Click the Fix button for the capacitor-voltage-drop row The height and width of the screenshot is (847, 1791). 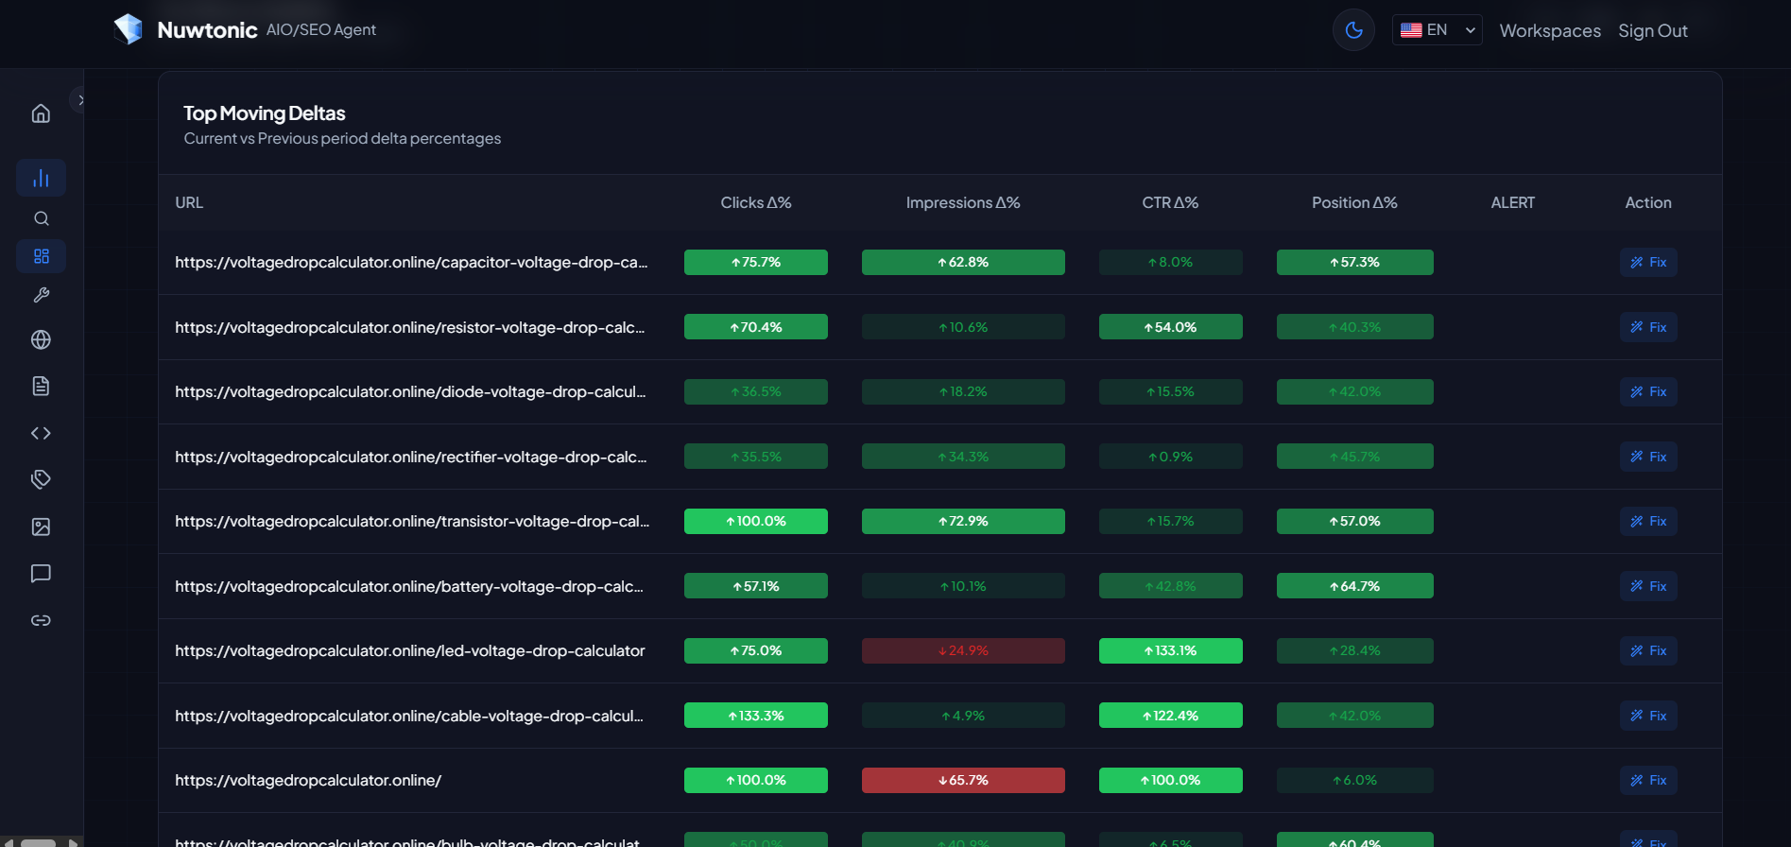click(1648, 262)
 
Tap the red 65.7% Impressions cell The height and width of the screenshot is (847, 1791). click(962, 780)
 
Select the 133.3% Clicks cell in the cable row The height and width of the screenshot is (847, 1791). click(755, 716)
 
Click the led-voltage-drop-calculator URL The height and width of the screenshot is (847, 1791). click(409, 650)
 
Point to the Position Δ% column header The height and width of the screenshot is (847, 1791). click(1353, 202)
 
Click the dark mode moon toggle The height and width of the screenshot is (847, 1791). click(1353, 30)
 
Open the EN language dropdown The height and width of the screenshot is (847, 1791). click(1437, 30)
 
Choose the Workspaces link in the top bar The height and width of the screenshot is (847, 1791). click(1549, 30)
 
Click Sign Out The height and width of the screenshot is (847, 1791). click(1652, 30)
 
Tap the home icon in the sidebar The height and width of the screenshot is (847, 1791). click(41, 113)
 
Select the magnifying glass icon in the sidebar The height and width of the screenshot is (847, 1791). click(41, 218)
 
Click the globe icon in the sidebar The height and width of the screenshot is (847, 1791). click(41, 339)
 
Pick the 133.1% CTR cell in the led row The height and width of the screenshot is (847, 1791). click(1170, 650)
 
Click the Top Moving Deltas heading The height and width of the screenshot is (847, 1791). click(264, 113)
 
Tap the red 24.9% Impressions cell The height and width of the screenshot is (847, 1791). click(962, 650)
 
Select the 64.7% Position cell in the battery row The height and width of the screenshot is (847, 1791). click(1354, 586)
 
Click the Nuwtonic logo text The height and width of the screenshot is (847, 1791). click(207, 30)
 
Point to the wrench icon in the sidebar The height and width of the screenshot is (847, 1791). click(41, 295)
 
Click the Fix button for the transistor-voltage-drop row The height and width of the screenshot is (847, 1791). click(1648, 521)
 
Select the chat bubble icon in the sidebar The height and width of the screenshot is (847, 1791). click(41, 574)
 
